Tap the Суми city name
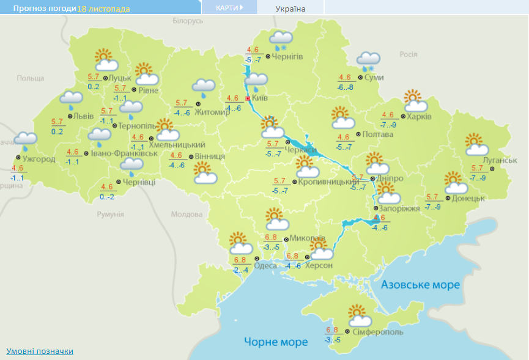tap(373, 78)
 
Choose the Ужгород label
tap(39, 160)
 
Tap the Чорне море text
tap(276, 342)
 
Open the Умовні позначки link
tap(40, 351)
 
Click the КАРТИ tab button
tap(229, 7)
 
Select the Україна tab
tap(290, 9)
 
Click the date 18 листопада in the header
tap(103, 9)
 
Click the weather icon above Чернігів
tap(281, 40)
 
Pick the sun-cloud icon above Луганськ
tap(476, 145)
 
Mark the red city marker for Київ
tap(248, 98)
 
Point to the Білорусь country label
tap(188, 21)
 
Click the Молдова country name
tap(187, 215)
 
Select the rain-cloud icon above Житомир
tap(204, 88)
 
